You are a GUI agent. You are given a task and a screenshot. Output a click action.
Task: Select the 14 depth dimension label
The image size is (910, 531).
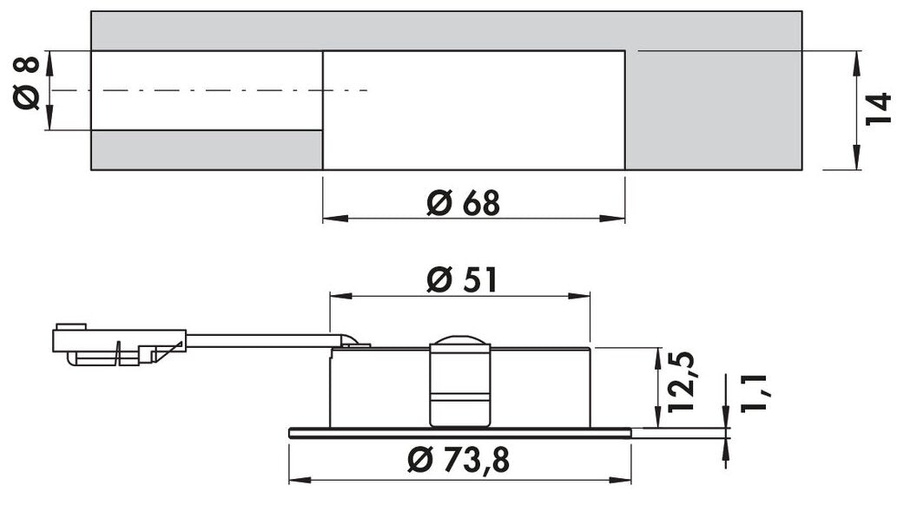pos(879,108)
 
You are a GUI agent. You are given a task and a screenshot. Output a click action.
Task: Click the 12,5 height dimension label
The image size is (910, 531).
pos(682,382)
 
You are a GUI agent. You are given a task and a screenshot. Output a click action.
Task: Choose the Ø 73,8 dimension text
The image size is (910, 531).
pos(457,462)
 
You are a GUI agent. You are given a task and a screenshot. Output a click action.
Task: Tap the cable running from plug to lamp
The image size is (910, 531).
pos(260,340)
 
